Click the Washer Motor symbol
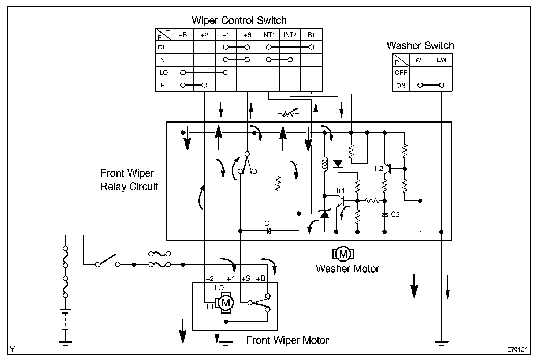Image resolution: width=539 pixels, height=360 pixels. [x=343, y=253]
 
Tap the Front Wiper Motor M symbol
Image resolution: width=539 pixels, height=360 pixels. [x=226, y=303]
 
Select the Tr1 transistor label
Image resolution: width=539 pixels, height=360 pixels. [x=340, y=191]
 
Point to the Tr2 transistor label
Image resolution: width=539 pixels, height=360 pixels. [x=378, y=169]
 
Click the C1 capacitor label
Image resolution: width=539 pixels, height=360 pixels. [x=269, y=223]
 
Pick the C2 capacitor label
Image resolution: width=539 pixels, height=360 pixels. [x=395, y=214]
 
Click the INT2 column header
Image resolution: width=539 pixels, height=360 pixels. [x=290, y=35]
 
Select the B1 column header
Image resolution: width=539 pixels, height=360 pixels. [x=311, y=35]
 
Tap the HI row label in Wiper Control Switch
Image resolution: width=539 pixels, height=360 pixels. [x=164, y=85]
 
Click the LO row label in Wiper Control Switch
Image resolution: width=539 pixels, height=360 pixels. [x=164, y=72]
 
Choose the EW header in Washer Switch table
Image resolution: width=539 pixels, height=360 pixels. [x=441, y=60]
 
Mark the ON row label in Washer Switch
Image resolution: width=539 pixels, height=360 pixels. [x=401, y=85]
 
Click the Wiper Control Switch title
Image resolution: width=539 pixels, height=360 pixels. [x=239, y=20]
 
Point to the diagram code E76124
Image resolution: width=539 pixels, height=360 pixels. [x=517, y=349]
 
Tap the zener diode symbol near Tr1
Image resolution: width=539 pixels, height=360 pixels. [x=324, y=214]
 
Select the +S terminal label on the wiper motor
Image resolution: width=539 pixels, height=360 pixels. [x=245, y=279]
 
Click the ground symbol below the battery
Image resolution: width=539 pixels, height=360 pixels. [x=66, y=343]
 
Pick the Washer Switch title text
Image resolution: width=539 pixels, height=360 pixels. [x=420, y=46]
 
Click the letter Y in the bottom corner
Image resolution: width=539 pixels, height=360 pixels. [x=12, y=350]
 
